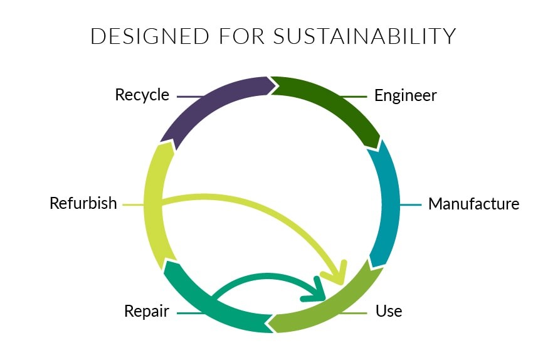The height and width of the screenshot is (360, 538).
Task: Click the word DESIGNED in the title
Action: tap(149, 36)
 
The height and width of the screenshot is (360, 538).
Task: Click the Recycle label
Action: tap(142, 95)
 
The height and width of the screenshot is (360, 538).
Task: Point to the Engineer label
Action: tap(405, 95)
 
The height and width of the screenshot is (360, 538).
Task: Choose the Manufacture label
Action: tap(473, 204)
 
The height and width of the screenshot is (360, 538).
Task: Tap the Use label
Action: tap(389, 311)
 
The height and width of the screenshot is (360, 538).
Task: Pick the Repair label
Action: tap(147, 311)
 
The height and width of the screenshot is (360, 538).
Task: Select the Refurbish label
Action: tap(83, 203)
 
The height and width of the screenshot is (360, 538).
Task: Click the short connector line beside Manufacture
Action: tap(411, 204)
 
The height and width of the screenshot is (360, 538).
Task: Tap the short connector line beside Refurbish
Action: tap(133, 204)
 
